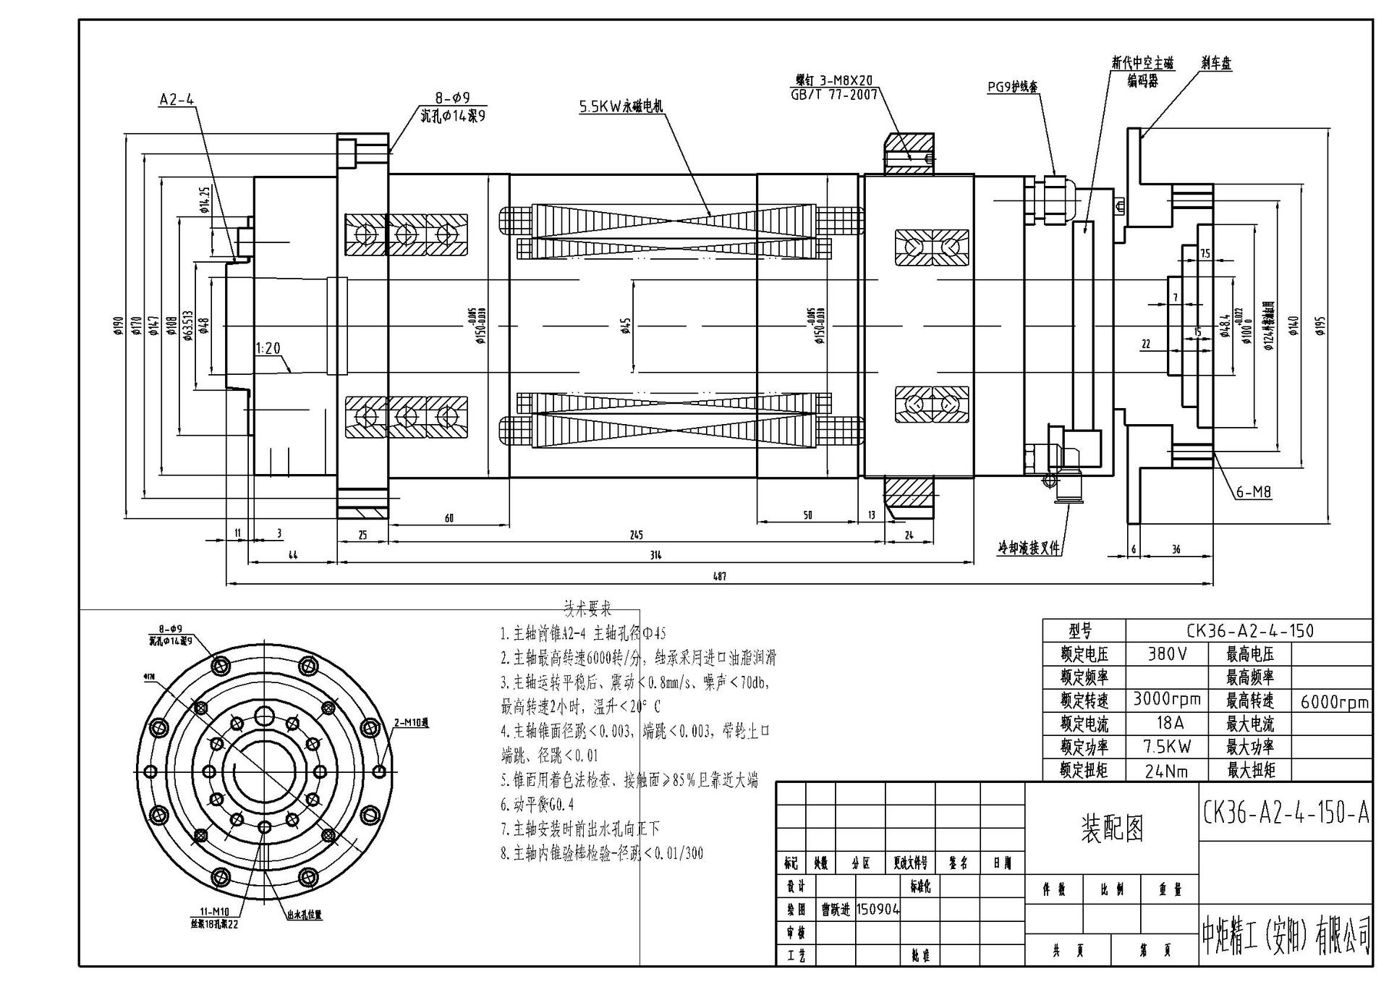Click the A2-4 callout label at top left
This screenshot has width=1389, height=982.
177,100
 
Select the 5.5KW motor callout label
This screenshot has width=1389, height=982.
620,106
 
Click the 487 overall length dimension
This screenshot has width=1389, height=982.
718,576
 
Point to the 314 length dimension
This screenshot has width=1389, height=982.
655,555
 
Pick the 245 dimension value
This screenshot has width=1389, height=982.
636,535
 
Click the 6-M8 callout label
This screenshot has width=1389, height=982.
1252,492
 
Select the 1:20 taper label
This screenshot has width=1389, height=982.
268,348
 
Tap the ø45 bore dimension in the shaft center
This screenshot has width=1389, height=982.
626,326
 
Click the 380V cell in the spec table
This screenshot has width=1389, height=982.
1167,654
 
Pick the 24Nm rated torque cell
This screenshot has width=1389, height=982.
1166,771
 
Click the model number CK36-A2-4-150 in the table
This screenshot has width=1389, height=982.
1249,630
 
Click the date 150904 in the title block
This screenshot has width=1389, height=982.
878,910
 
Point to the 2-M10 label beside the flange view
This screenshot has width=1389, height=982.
411,722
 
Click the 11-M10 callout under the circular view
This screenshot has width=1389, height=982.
214,912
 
